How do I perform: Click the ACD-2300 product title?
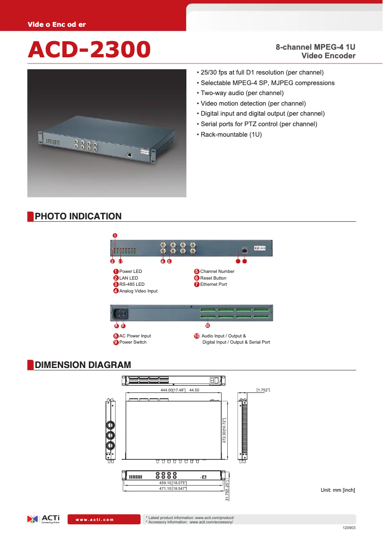89,49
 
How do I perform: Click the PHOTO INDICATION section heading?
78,217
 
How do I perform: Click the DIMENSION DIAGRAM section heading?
83,365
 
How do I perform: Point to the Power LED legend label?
130,271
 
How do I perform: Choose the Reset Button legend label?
213,278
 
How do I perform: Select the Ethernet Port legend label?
213,284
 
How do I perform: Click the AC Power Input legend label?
135,336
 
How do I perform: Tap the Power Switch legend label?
133,342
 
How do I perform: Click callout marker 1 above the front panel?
115,235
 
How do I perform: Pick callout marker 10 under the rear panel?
207,325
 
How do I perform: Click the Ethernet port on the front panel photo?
245,250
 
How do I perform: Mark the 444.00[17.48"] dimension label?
173,390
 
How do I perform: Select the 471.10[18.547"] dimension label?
173,488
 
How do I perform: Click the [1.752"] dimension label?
263,390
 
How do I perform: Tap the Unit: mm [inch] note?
338,490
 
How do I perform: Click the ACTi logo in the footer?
43,519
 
